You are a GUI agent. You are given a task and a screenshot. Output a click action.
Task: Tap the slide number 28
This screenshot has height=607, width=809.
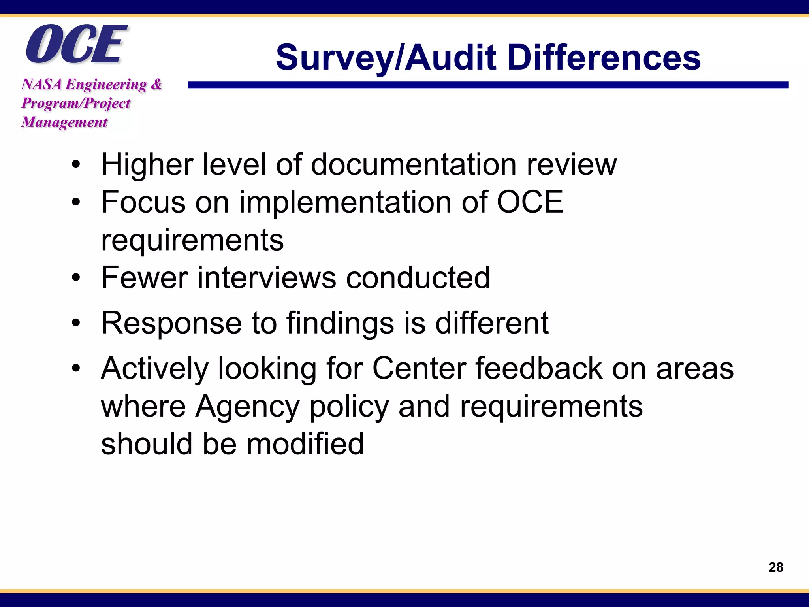(x=776, y=567)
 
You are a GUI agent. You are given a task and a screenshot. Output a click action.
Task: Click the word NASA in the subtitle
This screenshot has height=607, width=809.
(x=41, y=84)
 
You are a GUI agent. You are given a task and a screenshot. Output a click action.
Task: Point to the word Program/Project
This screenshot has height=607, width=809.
(x=76, y=103)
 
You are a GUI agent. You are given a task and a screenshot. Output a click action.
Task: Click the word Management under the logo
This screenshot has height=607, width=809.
(x=64, y=122)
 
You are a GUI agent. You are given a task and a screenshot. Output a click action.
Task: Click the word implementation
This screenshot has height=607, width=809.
(x=346, y=202)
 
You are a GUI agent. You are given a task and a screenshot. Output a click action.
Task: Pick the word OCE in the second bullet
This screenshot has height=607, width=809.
(x=530, y=202)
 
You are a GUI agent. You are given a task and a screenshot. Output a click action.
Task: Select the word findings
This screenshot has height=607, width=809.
(x=340, y=323)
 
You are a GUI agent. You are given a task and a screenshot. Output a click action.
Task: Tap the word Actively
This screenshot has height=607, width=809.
(x=154, y=369)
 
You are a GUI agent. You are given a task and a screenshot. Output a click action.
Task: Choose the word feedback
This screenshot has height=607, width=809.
(x=539, y=369)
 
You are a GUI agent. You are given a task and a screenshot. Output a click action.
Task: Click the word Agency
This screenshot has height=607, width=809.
(x=248, y=406)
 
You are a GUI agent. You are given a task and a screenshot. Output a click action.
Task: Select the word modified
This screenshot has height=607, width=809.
(x=305, y=444)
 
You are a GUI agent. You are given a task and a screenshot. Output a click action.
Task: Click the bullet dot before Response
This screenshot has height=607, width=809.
(x=76, y=323)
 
